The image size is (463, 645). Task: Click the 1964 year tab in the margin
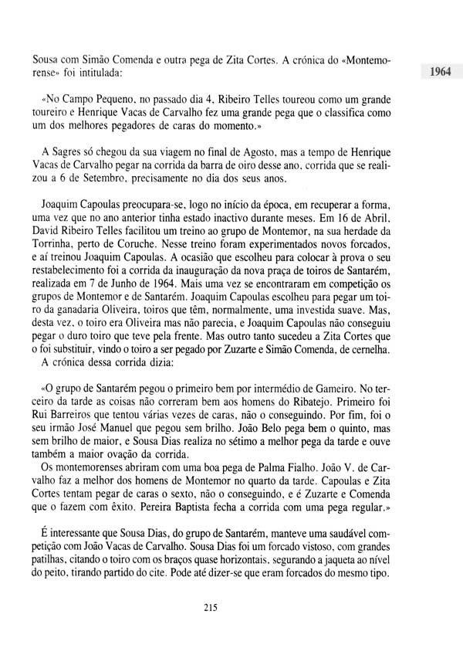pos(437,74)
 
